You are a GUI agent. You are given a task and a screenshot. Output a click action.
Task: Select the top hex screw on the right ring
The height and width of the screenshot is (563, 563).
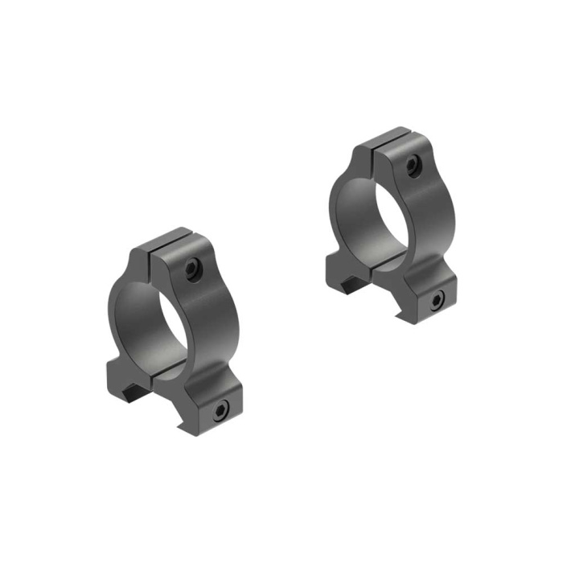pyautogui.click(x=412, y=166)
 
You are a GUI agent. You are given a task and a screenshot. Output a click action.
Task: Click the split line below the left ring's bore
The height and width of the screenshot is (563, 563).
pyautogui.click(x=173, y=368)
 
